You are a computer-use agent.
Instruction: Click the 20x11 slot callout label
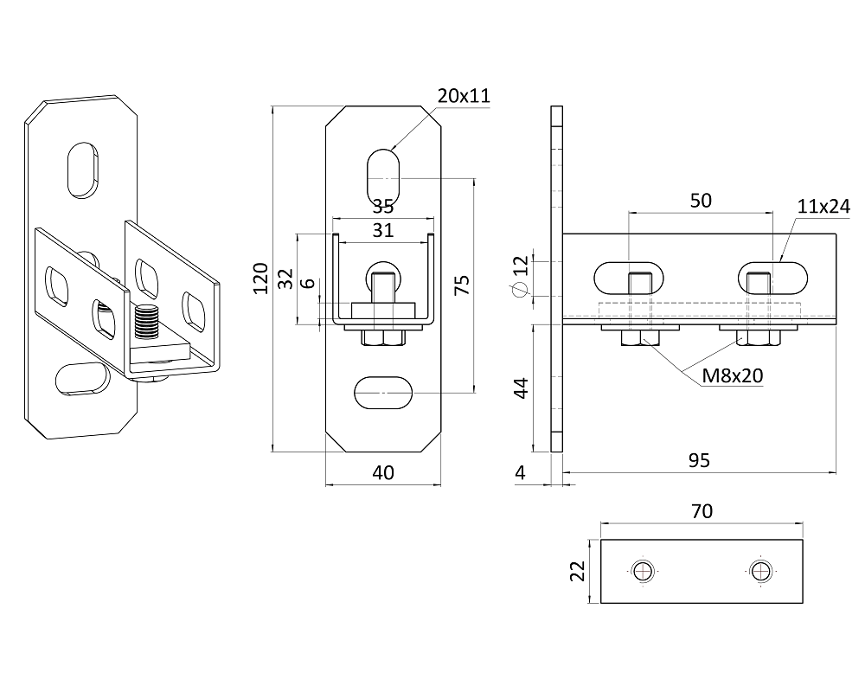pos(464,96)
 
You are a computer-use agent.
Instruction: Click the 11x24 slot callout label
pos(824,206)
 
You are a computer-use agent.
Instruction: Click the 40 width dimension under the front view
pos(382,472)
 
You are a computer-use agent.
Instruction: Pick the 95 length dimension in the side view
pos(699,460)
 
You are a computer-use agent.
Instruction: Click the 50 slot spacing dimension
pos(701,201)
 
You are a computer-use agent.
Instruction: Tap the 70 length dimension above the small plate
pos(702,512)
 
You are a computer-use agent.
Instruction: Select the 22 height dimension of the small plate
pos(579,571)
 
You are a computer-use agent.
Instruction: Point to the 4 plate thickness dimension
pos(519,472)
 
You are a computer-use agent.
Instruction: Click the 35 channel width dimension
pos(382,207)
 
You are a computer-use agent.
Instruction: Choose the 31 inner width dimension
pos(382,230)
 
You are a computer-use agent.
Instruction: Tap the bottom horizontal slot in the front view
pos(383,393)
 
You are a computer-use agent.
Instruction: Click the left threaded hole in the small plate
pos(643,571)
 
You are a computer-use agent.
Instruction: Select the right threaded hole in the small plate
pos(760,571)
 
